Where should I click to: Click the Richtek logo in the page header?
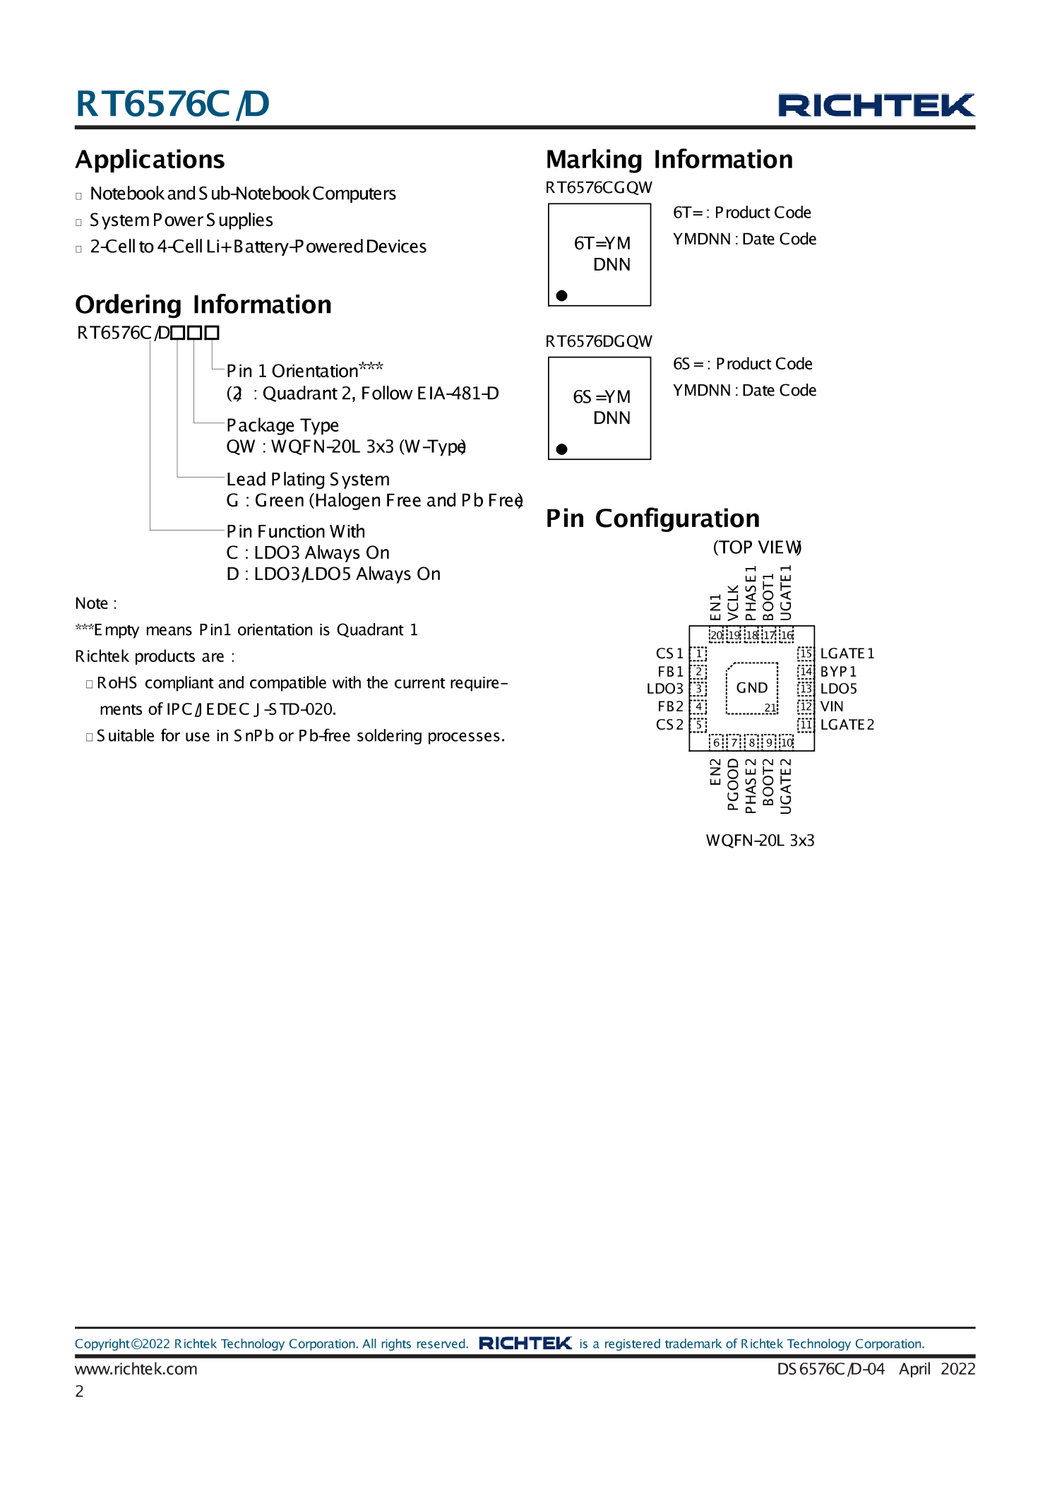[x=876, y=105]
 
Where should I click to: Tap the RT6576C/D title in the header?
[x=172, y=104]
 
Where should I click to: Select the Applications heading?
[x=150, y=160]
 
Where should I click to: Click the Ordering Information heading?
[x=203, y=304]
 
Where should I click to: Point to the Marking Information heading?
[x=669, y=160]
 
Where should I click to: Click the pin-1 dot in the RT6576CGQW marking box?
[x=561, y=295]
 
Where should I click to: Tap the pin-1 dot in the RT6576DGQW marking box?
[x=561, y=449]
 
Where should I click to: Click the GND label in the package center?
[x=751, y=687]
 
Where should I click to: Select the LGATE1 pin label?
[x=847, y=653]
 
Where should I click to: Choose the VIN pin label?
[x=832, y=706]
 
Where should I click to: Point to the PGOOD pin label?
[x=733, y=784]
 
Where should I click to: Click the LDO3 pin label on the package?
[x=664, y=689]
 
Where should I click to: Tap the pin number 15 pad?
[x=806, y=653]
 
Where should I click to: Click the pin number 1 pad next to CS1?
[x=698, y=653]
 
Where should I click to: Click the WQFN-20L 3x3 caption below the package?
[x=760, y=840]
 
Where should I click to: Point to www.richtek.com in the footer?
[x=136, y=1369]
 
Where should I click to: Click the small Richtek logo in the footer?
[x=525, y=1343]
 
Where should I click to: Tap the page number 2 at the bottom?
[x=80, y=1391]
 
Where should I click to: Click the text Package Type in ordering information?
[x=282, y=425]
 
